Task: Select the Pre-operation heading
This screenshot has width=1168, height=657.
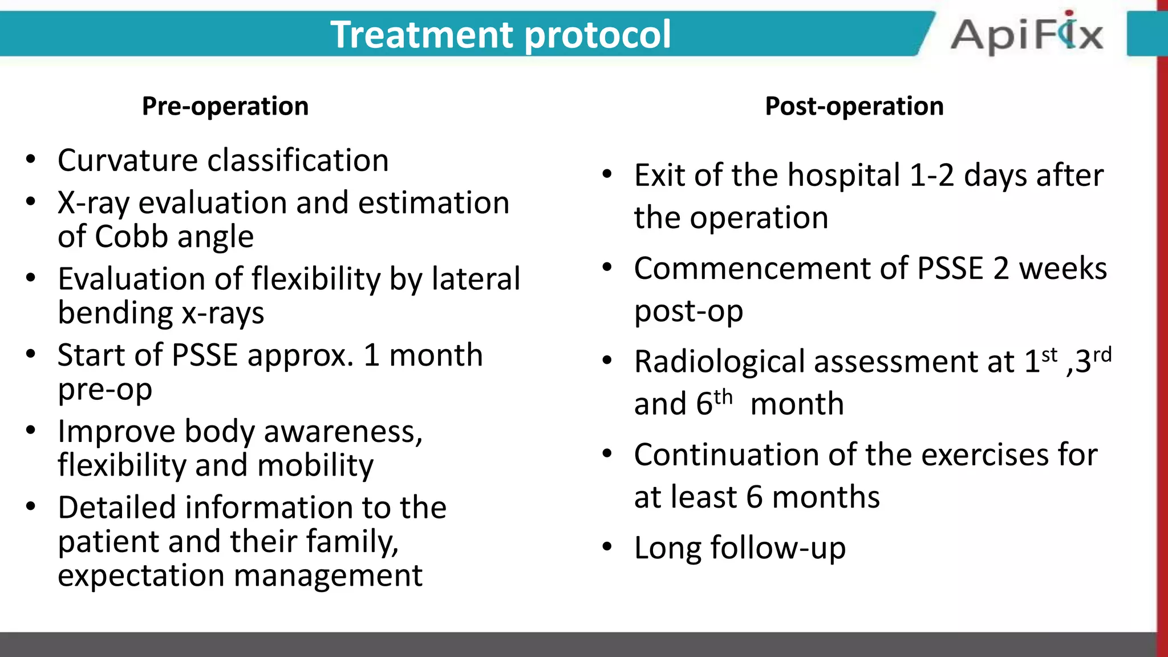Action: pos(225,106)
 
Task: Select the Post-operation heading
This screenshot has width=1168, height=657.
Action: pos(854,106)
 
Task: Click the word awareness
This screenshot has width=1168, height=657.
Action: pos(342,432)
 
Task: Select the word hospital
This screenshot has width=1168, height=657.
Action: pos(843,175)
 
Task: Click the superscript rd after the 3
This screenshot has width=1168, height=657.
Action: pos(1102,355)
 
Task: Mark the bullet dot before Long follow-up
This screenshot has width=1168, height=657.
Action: pos(607,547)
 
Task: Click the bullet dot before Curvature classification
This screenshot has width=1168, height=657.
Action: pos(31,159)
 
